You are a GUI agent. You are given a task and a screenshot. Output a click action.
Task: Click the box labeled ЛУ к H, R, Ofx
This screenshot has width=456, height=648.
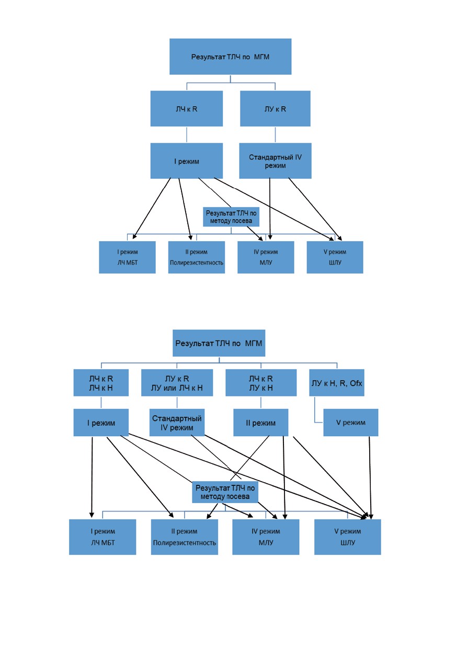tap(336, 382)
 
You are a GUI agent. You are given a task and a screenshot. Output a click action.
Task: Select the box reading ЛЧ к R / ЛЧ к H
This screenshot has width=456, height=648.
tap(101, 382)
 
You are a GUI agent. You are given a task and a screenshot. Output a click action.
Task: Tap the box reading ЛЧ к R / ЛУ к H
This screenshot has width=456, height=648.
tap(261, 382)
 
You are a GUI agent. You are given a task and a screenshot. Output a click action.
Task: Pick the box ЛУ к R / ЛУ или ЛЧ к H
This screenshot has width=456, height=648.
tap(177, 382)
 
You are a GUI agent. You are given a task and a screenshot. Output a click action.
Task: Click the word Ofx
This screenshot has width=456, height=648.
tap(356, 383)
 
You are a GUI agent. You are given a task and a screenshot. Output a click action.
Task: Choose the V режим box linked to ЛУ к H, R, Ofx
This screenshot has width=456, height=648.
tap(351, 423)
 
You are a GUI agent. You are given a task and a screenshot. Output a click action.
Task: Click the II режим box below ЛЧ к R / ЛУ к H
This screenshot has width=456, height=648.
tap(261, 423)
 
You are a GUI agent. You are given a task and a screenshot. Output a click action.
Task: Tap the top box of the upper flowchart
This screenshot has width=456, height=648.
tap(230, 56)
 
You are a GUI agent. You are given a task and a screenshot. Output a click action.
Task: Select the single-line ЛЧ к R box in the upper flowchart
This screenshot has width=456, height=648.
tap(187, 109)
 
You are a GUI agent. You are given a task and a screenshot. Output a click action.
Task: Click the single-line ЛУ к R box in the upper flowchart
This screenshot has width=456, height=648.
tap(275, 109)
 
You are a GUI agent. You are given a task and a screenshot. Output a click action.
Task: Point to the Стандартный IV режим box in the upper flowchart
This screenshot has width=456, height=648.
tap(275, 161)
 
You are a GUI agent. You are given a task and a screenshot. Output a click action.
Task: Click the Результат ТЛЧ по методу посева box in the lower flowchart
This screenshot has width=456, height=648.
tap(225, 492)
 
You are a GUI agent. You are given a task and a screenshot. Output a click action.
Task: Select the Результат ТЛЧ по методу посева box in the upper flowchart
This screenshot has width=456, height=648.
tap(231, 217)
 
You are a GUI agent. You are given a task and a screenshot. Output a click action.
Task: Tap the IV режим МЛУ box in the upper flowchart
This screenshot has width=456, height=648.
tap(266, 257)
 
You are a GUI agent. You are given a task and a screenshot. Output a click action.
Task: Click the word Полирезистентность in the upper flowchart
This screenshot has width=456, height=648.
tap(197, 263)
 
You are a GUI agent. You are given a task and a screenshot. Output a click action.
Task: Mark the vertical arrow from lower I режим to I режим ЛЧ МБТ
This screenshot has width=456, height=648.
tap(92, 478)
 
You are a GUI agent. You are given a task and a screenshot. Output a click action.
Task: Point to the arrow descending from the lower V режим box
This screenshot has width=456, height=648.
tap(370, 478)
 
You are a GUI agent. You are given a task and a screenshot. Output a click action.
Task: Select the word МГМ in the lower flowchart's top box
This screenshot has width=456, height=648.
tap(254, 344)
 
